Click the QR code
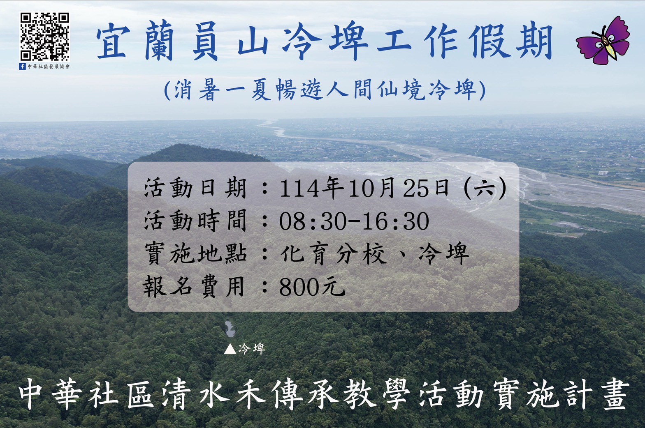point(45,37)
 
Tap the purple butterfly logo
point(603,41)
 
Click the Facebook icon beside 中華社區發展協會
point(23,66)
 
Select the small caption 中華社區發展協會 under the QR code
point(49,66)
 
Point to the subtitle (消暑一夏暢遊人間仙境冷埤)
point(325,90)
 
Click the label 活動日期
point(195,189)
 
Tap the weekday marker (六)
point(485,189)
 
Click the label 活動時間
point(195,221)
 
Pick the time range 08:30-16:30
point(354,221)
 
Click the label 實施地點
point(195,253)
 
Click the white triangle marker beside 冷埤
point(230,349)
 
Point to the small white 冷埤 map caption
point(251,349)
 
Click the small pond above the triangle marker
point(229,328)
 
